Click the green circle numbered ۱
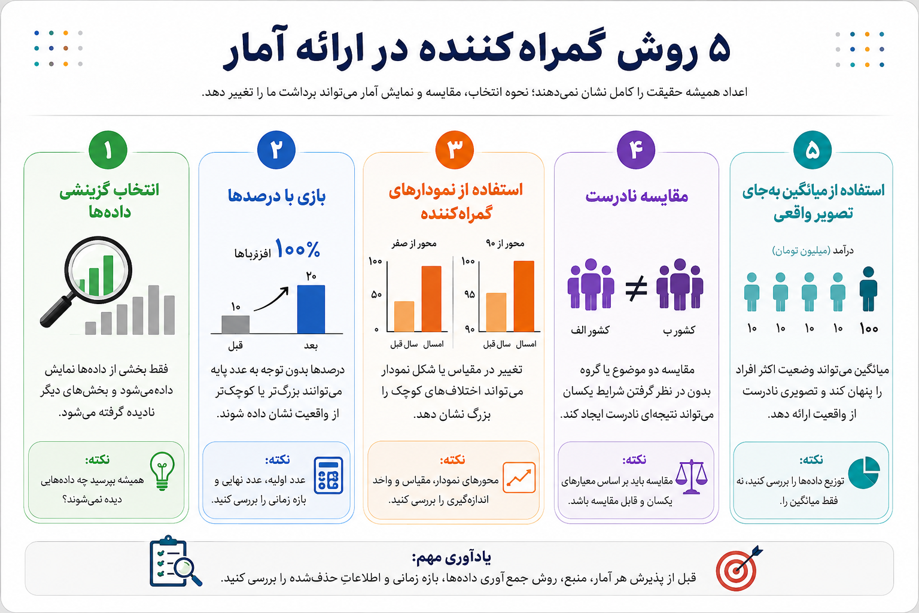[108, 150]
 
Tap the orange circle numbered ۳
[455, 150]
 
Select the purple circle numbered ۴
[636, 150]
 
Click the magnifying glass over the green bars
[88, 279]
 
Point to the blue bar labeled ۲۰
[311, 309]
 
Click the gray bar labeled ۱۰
[236, 324]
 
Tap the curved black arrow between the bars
[272, 299]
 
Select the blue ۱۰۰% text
[297, 249]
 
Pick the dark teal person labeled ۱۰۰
[868, 289]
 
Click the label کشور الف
[590, 330]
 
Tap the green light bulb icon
[163, 471]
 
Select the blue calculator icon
[328, 475]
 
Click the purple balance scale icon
[691, 477]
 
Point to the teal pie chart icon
[863, 472]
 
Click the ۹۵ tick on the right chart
[469, 295]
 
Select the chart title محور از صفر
[414, 244]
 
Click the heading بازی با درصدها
[276, 196]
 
